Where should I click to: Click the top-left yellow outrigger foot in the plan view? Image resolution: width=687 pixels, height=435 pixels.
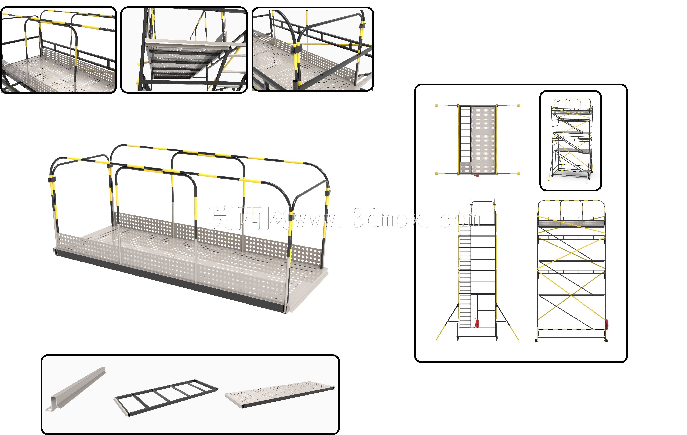point(436,106)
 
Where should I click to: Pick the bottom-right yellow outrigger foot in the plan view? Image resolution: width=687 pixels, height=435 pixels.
point(518,173)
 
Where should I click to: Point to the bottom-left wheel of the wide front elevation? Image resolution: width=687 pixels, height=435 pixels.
point(536,340)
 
